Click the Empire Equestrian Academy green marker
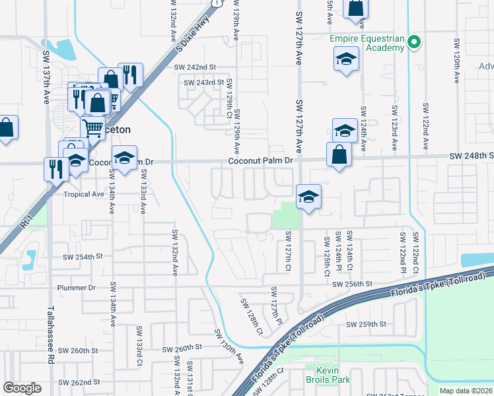414,43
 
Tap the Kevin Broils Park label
327,374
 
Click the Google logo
22,387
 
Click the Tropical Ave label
84,194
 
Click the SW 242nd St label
195,67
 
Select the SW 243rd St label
200,82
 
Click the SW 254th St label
84,257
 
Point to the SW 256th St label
353,284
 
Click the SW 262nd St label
79,382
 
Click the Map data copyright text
466,391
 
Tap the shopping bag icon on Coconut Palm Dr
339,155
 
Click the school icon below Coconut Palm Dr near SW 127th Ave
308,197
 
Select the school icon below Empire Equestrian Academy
346,59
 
